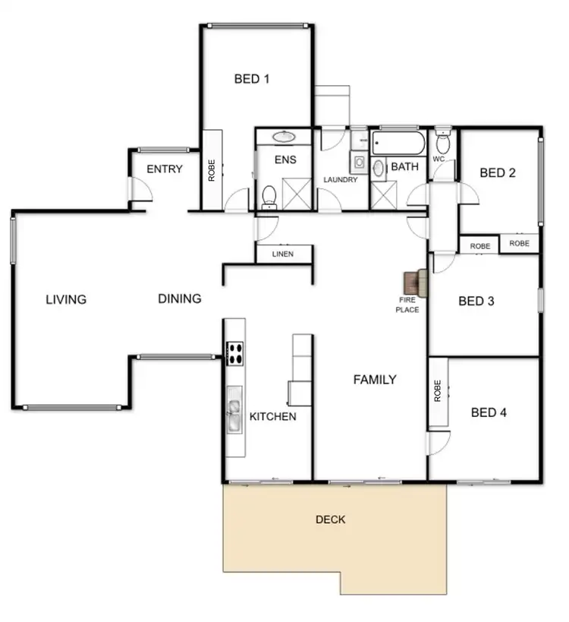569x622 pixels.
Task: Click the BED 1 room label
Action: tap(252, 78)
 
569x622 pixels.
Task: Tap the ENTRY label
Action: tap(164, 169)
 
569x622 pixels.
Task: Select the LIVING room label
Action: tap(66, 299)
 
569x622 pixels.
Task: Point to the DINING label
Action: tap(180, 298)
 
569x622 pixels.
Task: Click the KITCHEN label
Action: tap(272, 417)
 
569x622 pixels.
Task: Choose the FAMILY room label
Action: tap(375, 379)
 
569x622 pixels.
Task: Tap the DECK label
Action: tap(330, 519)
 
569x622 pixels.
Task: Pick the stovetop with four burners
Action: tap(234, 351)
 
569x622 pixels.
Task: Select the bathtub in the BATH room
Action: tap(398, 142)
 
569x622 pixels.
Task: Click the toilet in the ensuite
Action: tap(269, 195)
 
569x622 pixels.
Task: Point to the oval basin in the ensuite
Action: tap(284, 137)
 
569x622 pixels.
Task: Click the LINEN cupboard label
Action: tap(282, 254)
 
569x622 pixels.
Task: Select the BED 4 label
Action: tap(489, 412)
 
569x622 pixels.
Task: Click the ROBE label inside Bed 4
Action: tap(438, 390)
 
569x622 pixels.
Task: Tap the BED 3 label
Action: tap(476, 301)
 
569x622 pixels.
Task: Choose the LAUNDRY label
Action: tap(340, 180)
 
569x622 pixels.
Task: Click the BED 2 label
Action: tap(498, 172)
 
